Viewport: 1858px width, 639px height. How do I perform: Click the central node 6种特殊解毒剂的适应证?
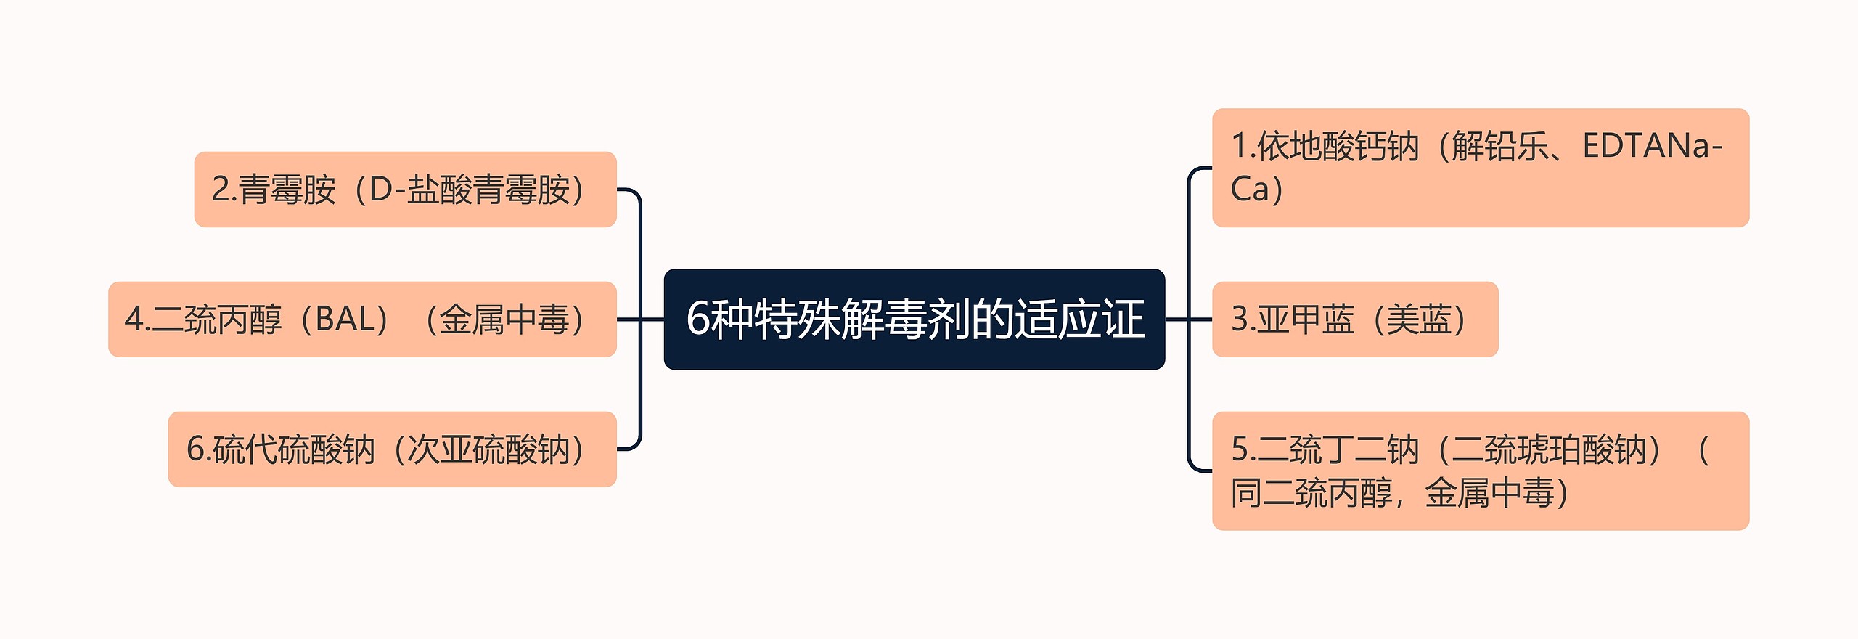(914, 319)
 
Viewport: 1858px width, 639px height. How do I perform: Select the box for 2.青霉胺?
(405, 190)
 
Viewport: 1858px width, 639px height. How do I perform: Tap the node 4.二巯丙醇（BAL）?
(362, 319)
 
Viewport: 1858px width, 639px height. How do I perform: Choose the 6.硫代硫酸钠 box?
(392, 449)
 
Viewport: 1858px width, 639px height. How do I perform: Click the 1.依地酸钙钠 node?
(1480, 168)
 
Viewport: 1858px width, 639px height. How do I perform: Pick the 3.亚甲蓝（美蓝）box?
(1354, 319)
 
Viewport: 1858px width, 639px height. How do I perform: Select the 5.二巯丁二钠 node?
(1480, 471)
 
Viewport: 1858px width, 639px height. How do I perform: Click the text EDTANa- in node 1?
(1652, 147)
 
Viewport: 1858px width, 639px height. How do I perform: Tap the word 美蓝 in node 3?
(1419, 319)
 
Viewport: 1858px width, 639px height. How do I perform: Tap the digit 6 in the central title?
(697, 319)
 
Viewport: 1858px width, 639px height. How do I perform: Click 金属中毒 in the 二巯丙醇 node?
(504, 319)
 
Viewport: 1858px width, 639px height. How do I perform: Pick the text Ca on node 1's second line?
(1250, 189)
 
